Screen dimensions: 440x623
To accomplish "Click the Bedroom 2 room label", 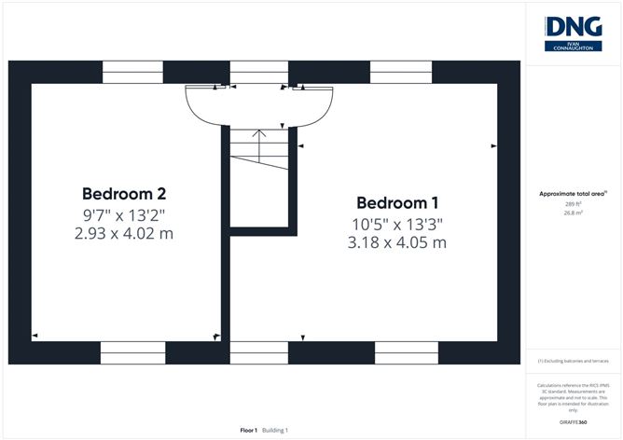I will pyautogui.click(x=124, y=194).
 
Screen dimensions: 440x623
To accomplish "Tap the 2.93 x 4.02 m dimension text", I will pyautogui.click(x=124, y=234).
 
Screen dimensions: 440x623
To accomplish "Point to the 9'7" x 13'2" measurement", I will pyautogui.click(x=124, y=214).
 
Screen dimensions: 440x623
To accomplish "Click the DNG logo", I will pyautogui.click(x=574, y=32).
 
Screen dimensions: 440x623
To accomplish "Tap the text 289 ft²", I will pyautogui.click(x=574, y=202).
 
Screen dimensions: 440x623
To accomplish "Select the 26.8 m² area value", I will pyautogui.click(x=574, y=212).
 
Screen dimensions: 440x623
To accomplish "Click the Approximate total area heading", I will pyautogui.click(x=573, y=193).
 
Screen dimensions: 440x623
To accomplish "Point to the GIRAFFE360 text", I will pyautogui.click(x=574, y=422).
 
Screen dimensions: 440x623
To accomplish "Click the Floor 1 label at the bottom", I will pyautogui.click(x=248, y=430).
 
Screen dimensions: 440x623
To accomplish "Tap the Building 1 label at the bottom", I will pyautogui.click(x=274, y=430).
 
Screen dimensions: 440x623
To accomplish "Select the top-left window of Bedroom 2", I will pyautogui.click(x=132, y=73).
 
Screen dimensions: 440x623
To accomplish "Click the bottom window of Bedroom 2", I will pyautogui.click(x=132, y=352).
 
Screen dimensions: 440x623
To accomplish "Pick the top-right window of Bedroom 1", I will pyautogui.click(x=401, y=73).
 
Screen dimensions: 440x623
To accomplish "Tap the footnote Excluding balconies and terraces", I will pyautogui.click(x=574, y=361).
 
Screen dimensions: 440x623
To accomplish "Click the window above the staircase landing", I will pyautogui.click(x=258, y=73).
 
